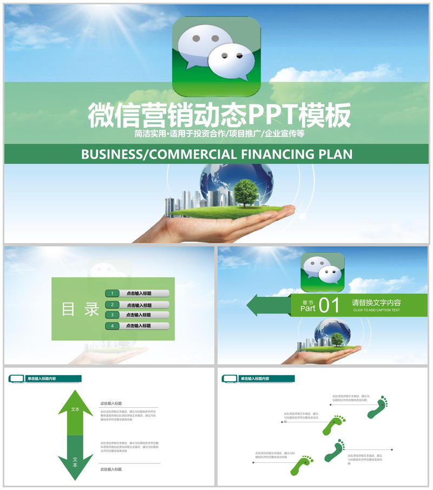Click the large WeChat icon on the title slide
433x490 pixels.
tap(216, 56)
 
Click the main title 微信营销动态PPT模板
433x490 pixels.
tap(219, 115)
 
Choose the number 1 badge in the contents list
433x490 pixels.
tap(112, 293)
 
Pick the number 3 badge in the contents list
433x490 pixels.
tap(112, 315)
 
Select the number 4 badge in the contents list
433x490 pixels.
tap(112, 326)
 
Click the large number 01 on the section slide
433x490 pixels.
tap(329, 306)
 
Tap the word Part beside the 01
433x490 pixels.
tap(307, 309)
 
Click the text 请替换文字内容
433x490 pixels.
tap(376, 303)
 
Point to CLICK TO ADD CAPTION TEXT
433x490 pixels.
tap(376, 311)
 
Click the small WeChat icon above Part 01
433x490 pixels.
tap(323, 272)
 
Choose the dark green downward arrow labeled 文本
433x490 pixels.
tap(75, 459)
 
